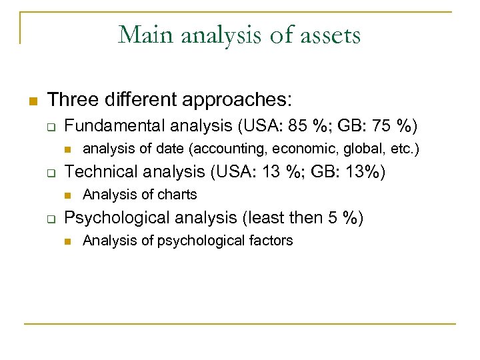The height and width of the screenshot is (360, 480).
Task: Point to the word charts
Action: tap(176, 195)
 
